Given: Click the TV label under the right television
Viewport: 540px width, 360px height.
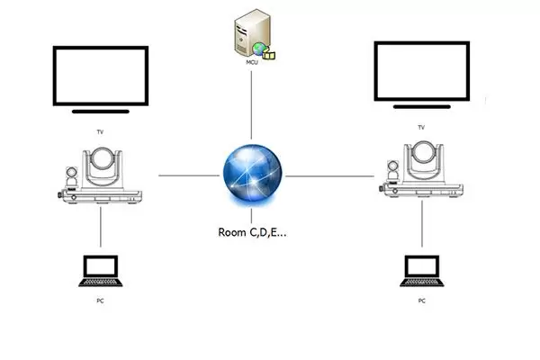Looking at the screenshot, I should [420, 128].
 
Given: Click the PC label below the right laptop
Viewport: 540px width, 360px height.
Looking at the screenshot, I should [420, 300].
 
